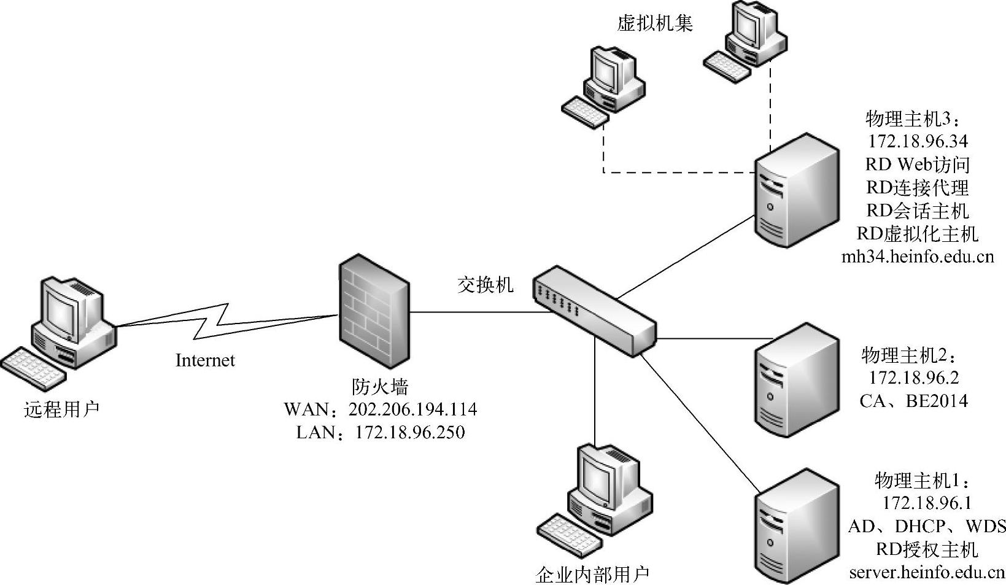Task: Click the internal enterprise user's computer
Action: tap(596, 503)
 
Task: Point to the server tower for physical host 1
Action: tap(796, 528)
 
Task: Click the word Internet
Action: tap(205, 360)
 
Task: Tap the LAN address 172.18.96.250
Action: tap(410, 433)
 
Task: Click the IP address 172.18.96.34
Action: tap(918, 142)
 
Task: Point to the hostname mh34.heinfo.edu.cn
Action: tap(918, 257)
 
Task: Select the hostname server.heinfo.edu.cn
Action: tap(927, 573)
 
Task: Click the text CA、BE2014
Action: tap(913, 401)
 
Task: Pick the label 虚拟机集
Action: tap(654, 23)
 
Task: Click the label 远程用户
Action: tap(61, 409)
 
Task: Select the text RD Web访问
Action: tap(918, 165)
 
